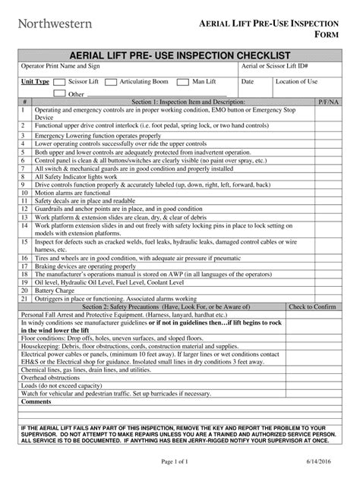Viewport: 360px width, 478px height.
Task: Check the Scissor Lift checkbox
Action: pos(61,81)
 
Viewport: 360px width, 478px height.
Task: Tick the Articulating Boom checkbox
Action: pos(112,81)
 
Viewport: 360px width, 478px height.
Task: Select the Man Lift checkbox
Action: pos(182,81)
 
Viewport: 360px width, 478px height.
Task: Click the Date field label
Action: pos(248,80)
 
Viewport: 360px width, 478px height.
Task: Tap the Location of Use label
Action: pos(296,80)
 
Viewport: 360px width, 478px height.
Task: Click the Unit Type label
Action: pos(35,81)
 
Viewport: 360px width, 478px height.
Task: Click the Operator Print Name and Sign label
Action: pos(65,67)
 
